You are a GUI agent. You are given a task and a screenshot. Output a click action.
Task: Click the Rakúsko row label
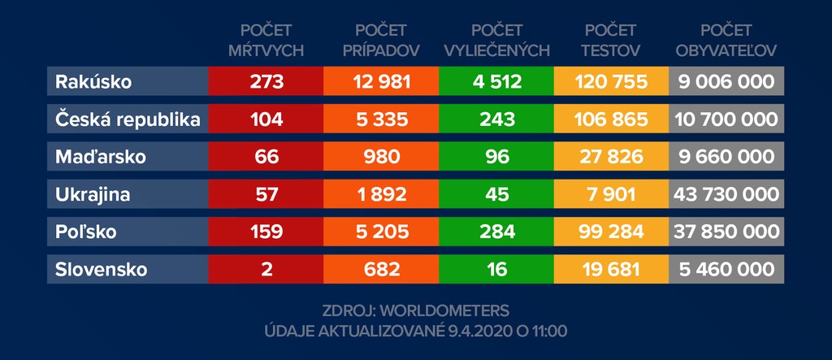(x=94, y=82)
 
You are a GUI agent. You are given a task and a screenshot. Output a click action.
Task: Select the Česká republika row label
(x=128, y=119)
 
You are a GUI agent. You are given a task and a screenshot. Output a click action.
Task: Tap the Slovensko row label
(x=102, y=270)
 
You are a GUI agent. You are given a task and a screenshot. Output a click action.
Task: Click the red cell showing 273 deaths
(x=266, y=82)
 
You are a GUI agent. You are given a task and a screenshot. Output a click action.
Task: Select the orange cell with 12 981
(x=380, y=82)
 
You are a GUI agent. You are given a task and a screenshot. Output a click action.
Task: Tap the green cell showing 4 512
(x=496, y=82)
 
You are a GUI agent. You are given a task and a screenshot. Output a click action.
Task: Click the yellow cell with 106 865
(x=611, y=119)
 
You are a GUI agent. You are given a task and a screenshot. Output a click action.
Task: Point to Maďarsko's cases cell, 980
(x=380, y=157)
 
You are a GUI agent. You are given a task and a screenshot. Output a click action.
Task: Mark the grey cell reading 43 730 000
(x=726, y=195)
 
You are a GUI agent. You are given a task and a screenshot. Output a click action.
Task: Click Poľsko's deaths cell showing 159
(x=266, y=232)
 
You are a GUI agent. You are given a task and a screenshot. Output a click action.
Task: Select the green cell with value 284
(x=496, y=232)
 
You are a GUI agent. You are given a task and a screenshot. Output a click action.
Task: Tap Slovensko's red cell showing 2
(x=266, y=270)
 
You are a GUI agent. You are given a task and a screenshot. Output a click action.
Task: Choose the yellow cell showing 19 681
(x=611, y=270)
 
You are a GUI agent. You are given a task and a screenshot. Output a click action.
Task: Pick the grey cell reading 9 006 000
(x=726, y=82)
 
